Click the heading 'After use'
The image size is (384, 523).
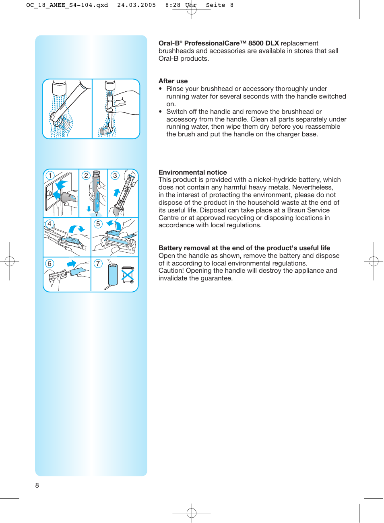173,81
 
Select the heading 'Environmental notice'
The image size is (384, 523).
192,172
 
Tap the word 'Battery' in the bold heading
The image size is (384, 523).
170,248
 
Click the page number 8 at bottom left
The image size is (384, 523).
37,485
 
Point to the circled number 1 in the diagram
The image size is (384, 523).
50,175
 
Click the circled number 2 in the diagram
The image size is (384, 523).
86,175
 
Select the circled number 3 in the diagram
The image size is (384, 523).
115,175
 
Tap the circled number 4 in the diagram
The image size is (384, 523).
50,224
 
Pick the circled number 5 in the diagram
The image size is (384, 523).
98,224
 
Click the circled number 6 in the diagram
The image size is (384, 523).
50,264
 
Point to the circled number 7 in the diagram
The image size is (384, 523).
98,264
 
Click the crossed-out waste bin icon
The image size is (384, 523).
128,275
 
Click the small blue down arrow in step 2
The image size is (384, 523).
89,209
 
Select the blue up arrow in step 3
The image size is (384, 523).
117,192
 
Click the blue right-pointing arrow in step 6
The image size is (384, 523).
71,264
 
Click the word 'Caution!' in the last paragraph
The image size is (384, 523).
171,271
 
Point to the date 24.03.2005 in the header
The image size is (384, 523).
136,5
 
